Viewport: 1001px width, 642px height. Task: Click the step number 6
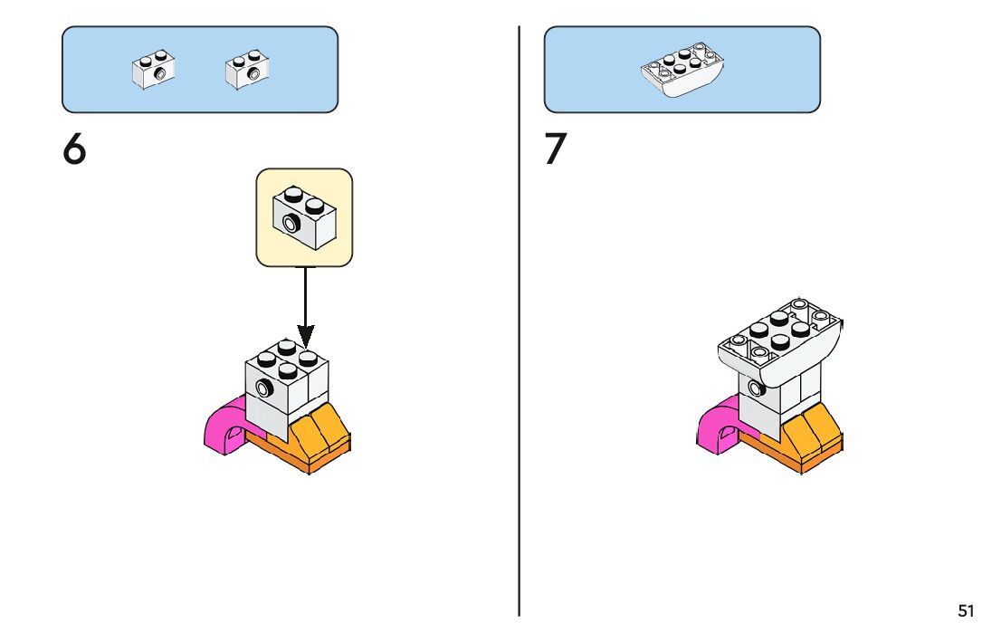click(74, 149)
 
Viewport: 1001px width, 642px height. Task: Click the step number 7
click(556, 149)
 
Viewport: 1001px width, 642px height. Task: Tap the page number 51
click(966, 611)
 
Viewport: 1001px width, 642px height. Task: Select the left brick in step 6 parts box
click(153, 70)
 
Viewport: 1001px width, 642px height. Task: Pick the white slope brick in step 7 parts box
click(682, 70)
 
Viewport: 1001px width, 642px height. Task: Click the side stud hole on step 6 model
click(264, 388)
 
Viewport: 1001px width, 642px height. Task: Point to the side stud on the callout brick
click(291, 223)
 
